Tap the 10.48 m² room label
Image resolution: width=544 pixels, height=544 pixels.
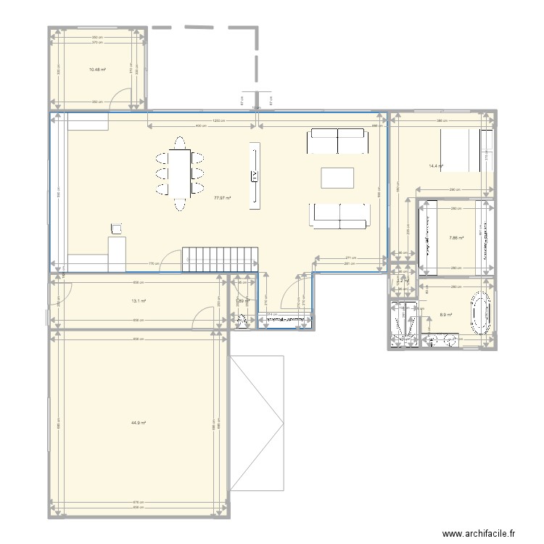coord(97,70)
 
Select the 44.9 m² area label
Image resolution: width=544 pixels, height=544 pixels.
coord(139,423)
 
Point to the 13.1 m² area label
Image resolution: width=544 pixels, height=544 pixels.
coord(139,301)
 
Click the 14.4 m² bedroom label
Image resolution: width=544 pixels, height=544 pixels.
coord(436,166)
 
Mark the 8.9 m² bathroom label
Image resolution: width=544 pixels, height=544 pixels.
coord(446,315)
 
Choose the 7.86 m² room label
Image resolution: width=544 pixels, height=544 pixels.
coord(456,237)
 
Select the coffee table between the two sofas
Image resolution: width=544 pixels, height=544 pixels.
coord(338,178)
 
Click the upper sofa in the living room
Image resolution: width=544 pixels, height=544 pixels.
coord(337,141)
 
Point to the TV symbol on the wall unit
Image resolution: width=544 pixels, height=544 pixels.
coord(255,176)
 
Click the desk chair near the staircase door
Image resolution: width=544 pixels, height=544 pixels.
coord(115,230)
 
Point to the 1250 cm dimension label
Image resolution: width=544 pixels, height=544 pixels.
coord(216,120)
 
